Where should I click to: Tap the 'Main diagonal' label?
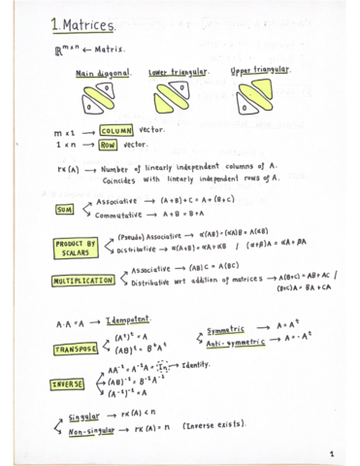(x=100, y=74)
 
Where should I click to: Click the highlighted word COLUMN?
(x=116, y=130)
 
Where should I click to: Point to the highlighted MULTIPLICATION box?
(x=85, y=282)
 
